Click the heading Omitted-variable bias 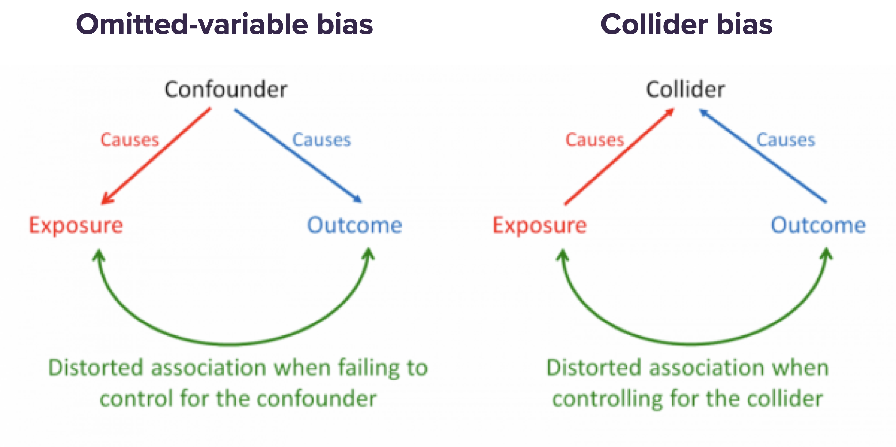[224, 25]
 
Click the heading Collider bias [686, 25]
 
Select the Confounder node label [226, 90]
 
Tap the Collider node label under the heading [685, 90]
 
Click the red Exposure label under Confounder [76, 225]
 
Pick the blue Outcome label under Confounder [354, 225]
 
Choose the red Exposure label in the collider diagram [540, 225]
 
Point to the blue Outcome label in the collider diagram [818, 225]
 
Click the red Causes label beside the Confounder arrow [130, 140]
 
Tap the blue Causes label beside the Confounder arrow [322, 140]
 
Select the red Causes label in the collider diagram [595, 140]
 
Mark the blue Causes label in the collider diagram [786, 140]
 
